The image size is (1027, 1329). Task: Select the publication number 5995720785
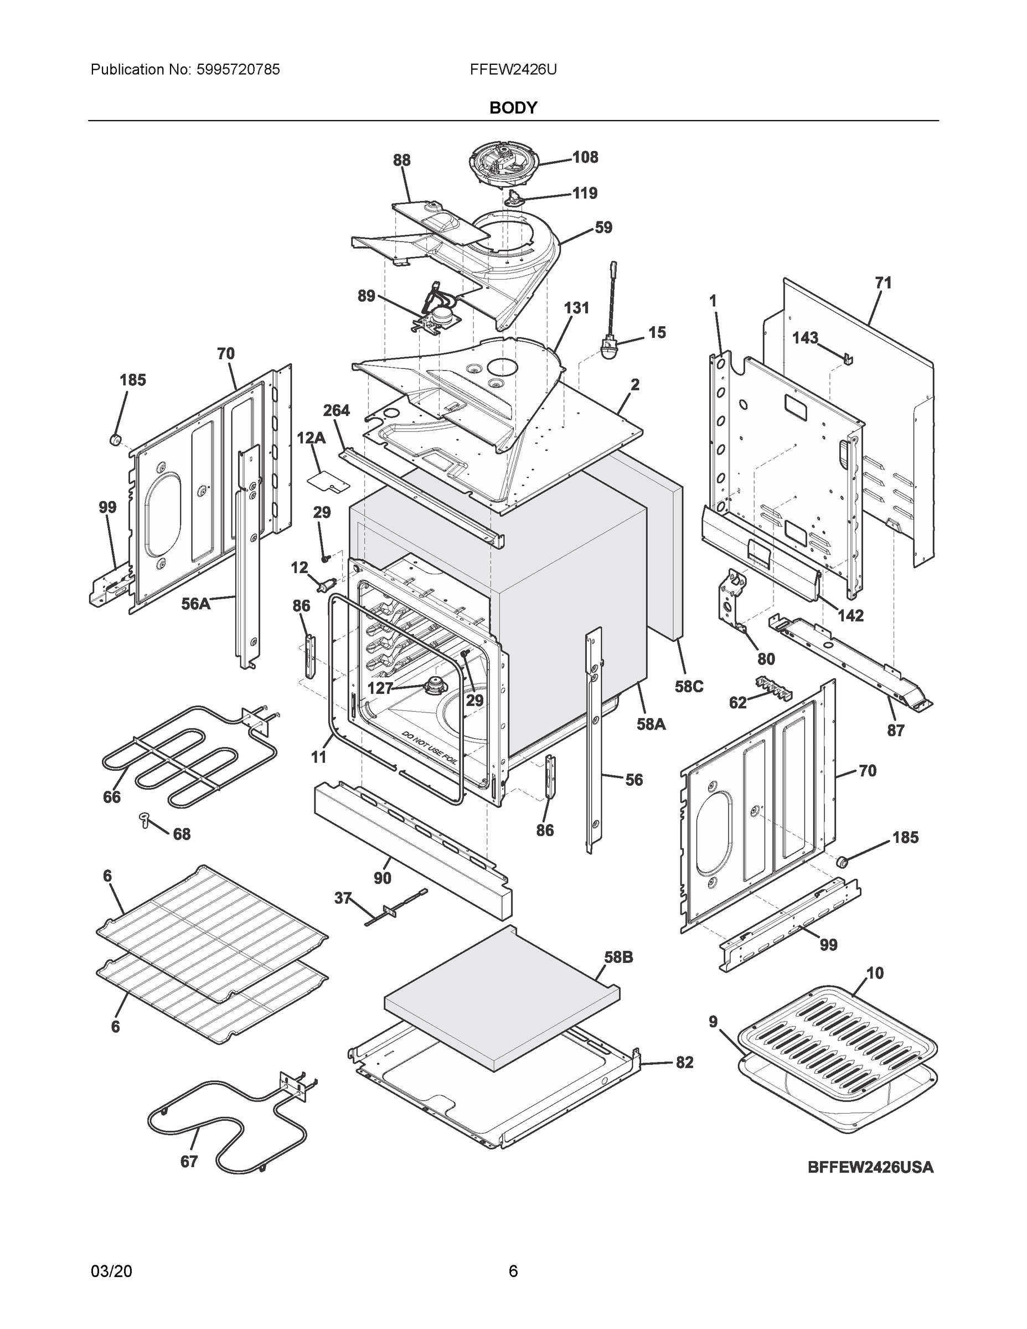(239, 69)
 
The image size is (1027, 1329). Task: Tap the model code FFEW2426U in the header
(513, 69)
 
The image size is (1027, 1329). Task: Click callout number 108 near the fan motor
(585, 157)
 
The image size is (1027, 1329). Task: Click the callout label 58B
(618, 957)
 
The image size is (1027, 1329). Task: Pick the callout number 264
(336, 411)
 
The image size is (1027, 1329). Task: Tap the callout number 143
(805, 338)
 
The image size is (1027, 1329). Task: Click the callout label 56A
(195, 604)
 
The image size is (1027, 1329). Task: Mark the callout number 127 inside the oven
(380, 688)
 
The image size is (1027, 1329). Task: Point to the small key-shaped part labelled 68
(145, 819)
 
